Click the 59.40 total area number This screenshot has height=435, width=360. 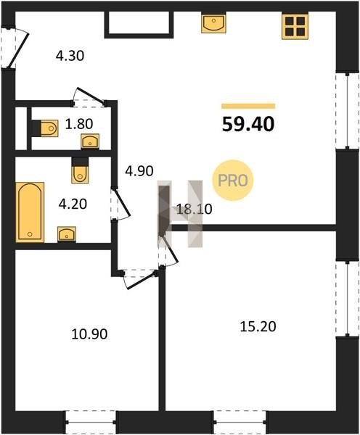[248, 124]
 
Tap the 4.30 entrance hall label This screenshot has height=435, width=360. [70, 56]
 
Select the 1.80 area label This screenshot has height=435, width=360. [79, 124]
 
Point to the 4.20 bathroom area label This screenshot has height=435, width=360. [73, 204]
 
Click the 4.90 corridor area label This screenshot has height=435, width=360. [139, 171]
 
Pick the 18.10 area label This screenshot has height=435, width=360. [195, 209]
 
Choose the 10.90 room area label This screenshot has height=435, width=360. [89, 334]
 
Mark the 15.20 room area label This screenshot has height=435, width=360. [258, 326]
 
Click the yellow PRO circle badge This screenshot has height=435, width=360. [233, 181]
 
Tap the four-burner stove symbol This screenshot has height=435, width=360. [295, 26]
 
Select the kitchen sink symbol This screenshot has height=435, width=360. [213, 23]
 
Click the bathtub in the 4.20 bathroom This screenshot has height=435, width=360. [30, 212]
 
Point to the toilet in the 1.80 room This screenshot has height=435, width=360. [49, 128]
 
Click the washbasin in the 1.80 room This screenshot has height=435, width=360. [90, 141]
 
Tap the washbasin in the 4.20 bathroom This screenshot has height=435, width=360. [67, 234]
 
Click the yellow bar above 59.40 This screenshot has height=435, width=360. [248, 107]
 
